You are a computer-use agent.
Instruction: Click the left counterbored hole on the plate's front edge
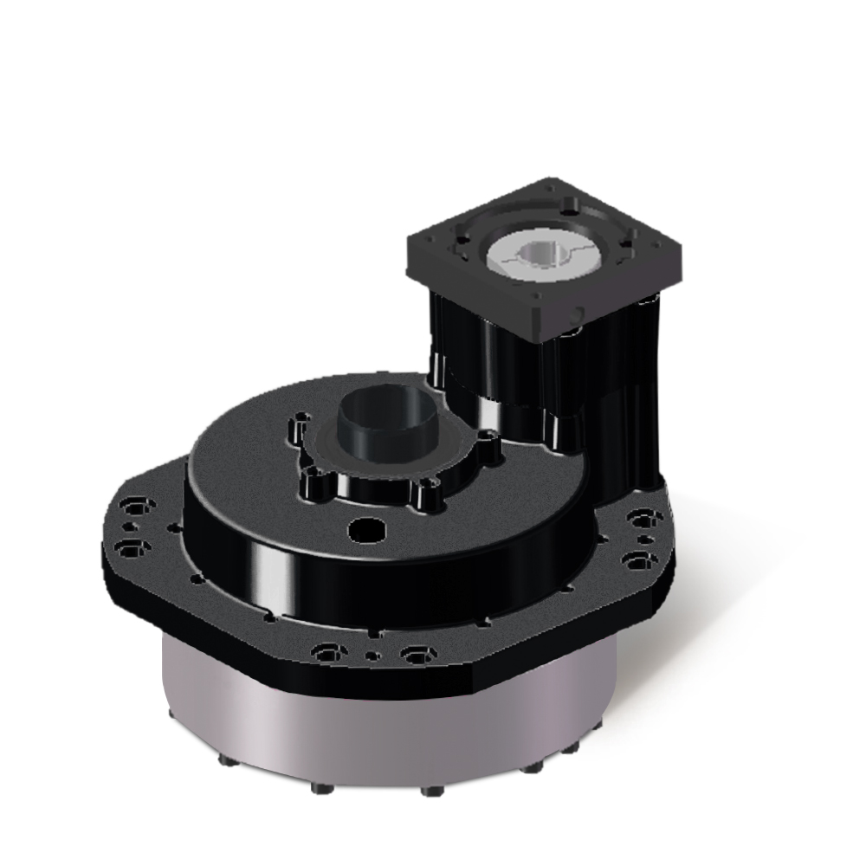pyautogui.click(x=328, y=652)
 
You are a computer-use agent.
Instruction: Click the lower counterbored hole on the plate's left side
pyautogui.click(x=131, y=547)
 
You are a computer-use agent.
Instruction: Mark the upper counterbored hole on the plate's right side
pyautogui.click(x=642, y=519)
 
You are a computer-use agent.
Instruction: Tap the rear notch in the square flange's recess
pyautogui.click(x=567, y=208)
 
